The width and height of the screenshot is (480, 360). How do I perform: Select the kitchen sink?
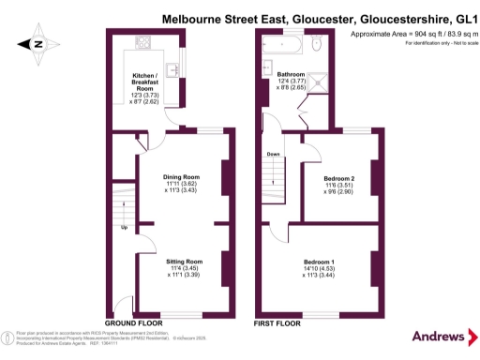(x=174, y=70)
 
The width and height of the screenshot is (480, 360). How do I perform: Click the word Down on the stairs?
(x=273, y=154)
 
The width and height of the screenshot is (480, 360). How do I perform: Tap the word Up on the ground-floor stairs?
(x=125, y=226)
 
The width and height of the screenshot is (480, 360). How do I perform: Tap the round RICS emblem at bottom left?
(x=8, y=335)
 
